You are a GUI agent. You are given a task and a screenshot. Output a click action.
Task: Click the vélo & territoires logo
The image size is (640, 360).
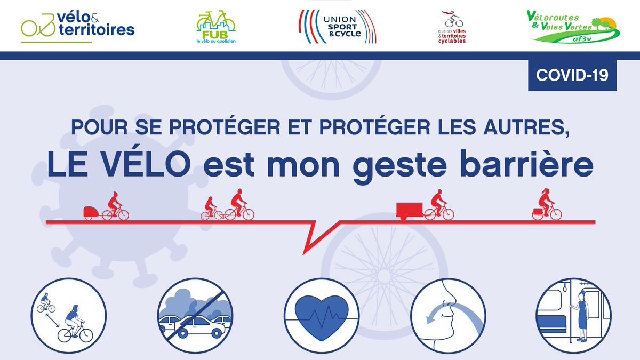tap(78, 27)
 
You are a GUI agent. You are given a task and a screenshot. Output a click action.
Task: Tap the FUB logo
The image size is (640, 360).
tap(216, 27)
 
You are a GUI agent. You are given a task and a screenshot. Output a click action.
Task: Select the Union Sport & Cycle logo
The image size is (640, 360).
tap(338, 27)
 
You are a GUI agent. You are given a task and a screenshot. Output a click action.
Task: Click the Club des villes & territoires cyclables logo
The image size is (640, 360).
tap(452, 27)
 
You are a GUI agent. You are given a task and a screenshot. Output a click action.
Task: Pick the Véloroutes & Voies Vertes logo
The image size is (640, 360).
tap(573, 26)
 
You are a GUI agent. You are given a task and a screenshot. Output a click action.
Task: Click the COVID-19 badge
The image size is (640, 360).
tap(572, 75)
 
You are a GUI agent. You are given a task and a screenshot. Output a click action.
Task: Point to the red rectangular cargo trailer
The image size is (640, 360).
tap(409, 211)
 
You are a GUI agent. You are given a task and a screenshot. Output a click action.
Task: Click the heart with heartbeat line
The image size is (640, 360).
tap(322, 318)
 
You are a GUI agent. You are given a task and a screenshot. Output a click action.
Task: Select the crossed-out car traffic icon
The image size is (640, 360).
tap(195, 316)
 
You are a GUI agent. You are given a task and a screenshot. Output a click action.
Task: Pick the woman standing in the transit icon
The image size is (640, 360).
tap(581, 316)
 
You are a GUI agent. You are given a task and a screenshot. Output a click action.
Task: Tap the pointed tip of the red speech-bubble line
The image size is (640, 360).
tap(304, 253)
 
